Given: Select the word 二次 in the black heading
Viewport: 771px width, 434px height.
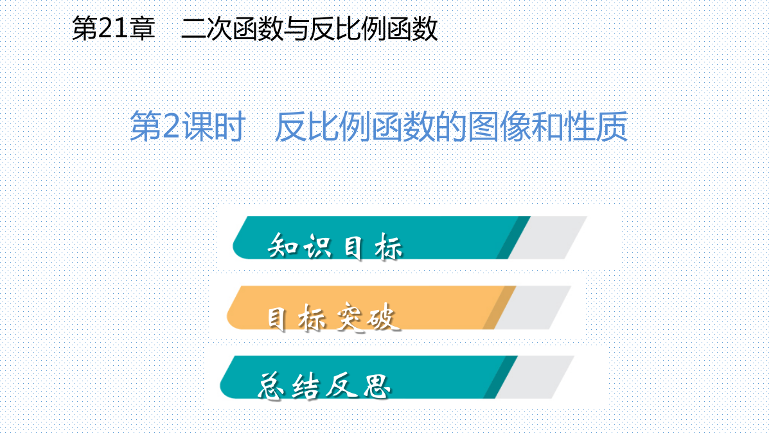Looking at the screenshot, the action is pos(206,28).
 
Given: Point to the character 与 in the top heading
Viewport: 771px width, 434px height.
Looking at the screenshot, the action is pos(296,28).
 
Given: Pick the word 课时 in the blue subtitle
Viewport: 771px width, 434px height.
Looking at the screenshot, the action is pos(213,126).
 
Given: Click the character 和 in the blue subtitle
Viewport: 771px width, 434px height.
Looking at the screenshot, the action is pos(548,126).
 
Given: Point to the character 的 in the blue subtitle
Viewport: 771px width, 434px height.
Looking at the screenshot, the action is pos(452,126).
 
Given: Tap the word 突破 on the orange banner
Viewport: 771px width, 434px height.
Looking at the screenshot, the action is pos(368,317).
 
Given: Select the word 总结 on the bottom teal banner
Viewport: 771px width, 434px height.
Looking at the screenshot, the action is pos(288,386).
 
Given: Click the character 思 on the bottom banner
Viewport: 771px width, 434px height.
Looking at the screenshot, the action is pos(377,386).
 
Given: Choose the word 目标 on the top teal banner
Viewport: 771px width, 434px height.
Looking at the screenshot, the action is pos(373,246).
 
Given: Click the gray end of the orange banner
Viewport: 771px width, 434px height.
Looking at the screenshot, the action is pos(533,307).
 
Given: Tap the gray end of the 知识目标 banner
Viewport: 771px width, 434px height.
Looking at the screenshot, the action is pos(547,238).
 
